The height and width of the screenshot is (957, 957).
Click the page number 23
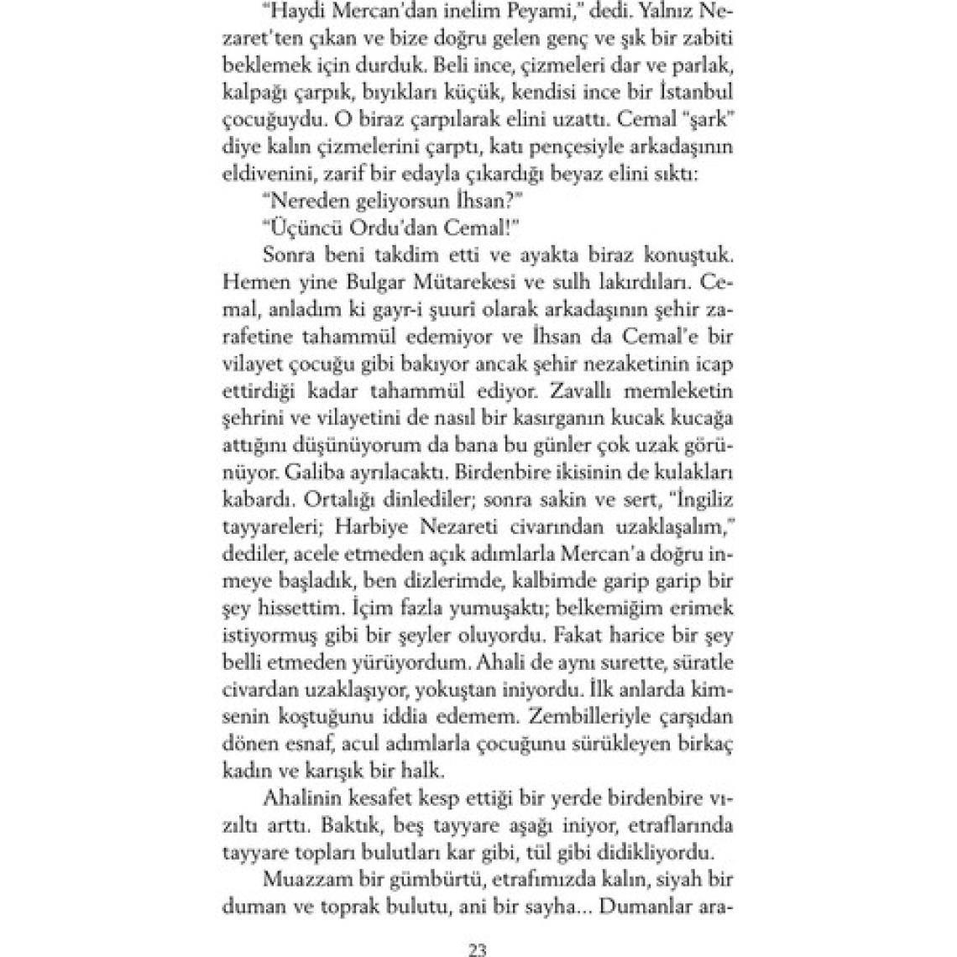(x=478, y=950)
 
